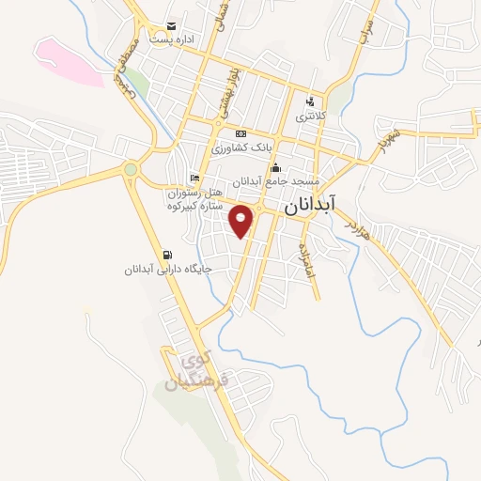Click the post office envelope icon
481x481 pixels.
pos(170,25)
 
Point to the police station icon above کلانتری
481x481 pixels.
pos(310,102)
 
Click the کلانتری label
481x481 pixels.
pos(310,118)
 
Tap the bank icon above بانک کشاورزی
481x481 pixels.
pos(240,133)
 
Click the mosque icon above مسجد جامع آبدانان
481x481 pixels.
pos(275,169)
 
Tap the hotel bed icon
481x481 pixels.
pos(194,178)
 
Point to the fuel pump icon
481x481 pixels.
pos(167,254)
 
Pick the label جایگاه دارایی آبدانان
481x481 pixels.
pos(169,269)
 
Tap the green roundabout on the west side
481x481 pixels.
pos(130,170)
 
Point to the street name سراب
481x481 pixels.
pos(365,34)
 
